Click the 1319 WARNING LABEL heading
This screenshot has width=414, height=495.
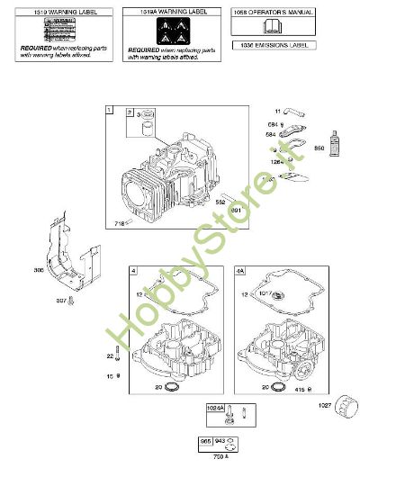pyautogui.click(x=58, y=13)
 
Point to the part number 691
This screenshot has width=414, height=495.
pyautogui.click(x=236, y=210)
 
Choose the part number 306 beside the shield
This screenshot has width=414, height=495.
pyautogui.click(x=39, y=270)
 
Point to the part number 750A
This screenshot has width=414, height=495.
pyautogui.click(x=220, y=456)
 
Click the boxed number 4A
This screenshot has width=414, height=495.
pyautogui.click(x=239, y=271)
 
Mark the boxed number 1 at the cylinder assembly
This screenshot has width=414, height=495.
pyautogui.click(x=109, y=111)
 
